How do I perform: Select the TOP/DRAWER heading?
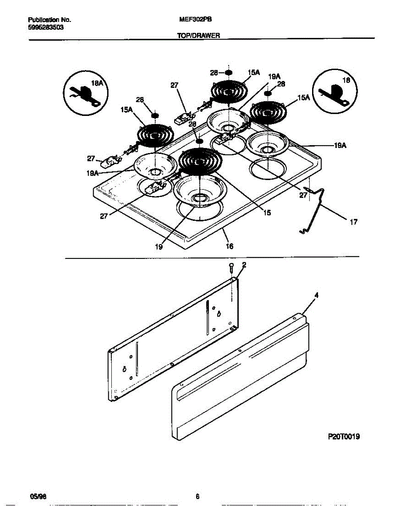pos(198,36)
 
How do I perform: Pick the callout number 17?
pos(353,222)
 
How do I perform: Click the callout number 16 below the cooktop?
pos(229,246)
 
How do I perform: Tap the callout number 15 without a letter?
pos(267,213)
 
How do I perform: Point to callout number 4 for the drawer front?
pos(316,296)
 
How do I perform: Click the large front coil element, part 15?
pos(200,161)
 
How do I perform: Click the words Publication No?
pos(49,20)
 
